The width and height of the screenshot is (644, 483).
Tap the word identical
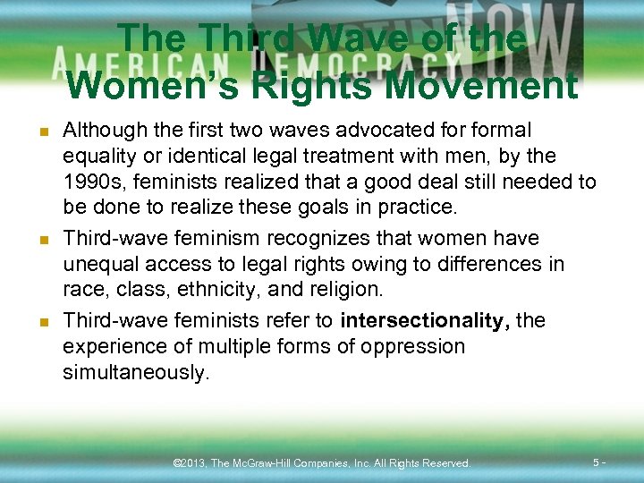(x=194, y=156)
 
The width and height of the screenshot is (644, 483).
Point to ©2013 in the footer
(x=189, y=463)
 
